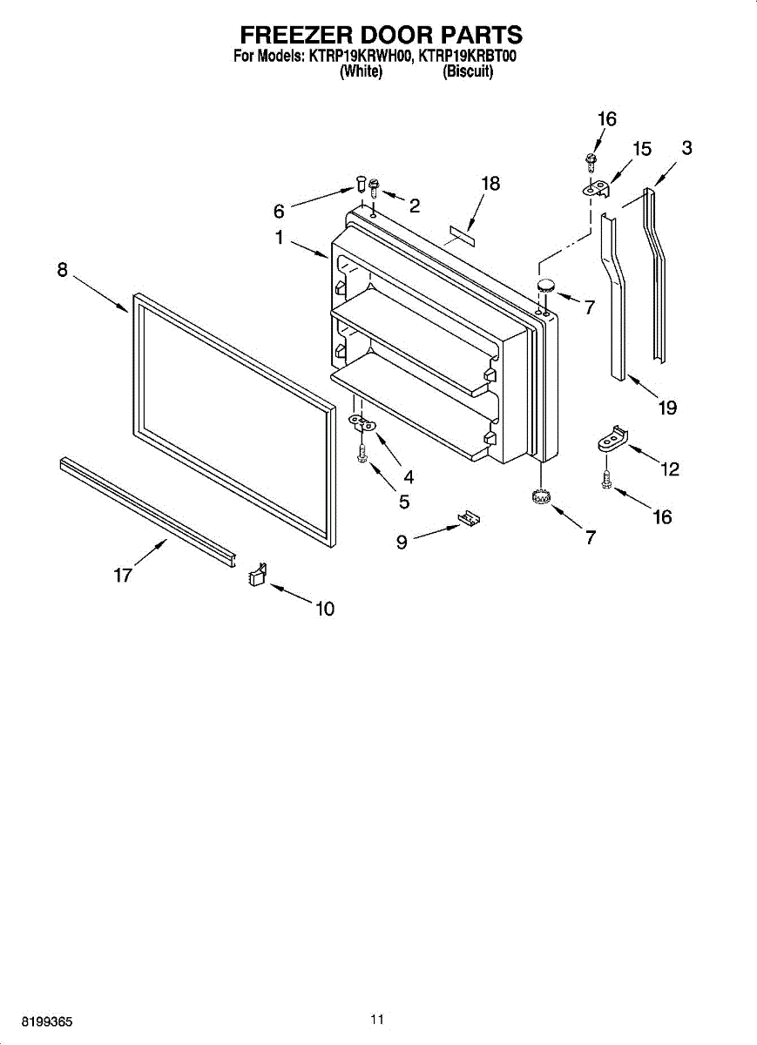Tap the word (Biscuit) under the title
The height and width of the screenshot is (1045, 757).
468,72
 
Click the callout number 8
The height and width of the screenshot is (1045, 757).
63,270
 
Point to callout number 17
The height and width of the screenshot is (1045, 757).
123,575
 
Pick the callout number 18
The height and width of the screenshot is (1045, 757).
491,184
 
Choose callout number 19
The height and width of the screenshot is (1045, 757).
667,407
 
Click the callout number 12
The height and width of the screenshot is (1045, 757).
669,469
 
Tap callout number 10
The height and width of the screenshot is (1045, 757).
324,609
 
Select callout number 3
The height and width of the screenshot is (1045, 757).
687,148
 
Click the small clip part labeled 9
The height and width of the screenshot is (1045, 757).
470,519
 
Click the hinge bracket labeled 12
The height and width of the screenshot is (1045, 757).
613,440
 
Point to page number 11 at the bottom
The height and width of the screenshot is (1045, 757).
376,1019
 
